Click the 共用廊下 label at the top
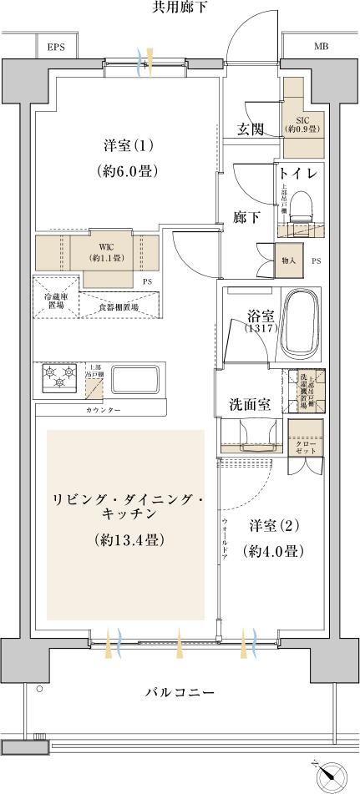click(180, 8)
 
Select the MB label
click(321, 47)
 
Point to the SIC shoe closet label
click(301, 124)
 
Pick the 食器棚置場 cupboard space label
click(119, 308)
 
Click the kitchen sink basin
click(137, 380)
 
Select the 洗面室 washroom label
click(250, 405)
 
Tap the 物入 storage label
click(288, 260)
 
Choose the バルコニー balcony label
click(180, 693)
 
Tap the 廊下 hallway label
click(244, 215)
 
